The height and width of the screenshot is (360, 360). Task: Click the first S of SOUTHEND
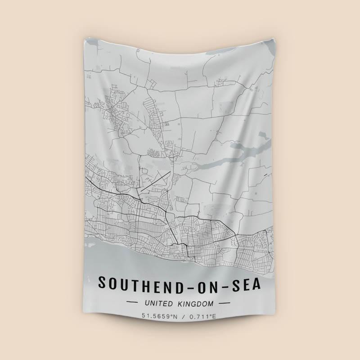[x=102, y=283]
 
